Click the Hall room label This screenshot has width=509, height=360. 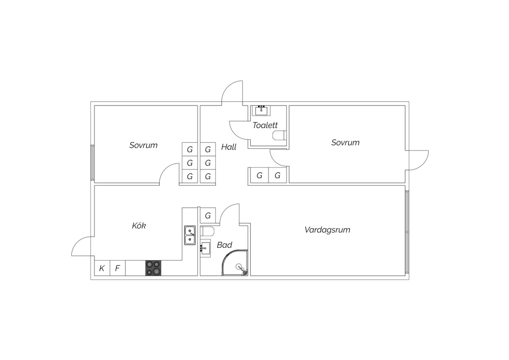[x=229, y=147]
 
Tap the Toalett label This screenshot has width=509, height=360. [x=265, y=125]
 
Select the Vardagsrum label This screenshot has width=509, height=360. [x=327, y=230]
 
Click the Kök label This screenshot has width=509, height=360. [x=139, y=226]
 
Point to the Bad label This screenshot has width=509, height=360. [x=224, y=245]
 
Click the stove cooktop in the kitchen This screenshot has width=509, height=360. [x=153, y=268]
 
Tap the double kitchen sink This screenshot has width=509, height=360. [x=190, y=235]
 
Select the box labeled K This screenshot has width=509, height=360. [x=102, y=268]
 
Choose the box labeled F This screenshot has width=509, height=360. [x=117, y=268]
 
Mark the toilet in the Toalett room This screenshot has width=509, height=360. [x=280, y=136]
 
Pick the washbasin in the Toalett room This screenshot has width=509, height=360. [x=261, y=111]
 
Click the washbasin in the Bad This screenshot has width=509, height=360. [x=205, y=248]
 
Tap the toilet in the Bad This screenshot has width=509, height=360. [x=207, y=232]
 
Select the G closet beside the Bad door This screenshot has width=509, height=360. [x=208, y=215]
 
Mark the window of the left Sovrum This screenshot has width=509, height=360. [x=93, y=163]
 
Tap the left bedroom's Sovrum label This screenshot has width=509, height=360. [x=144, y=145]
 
